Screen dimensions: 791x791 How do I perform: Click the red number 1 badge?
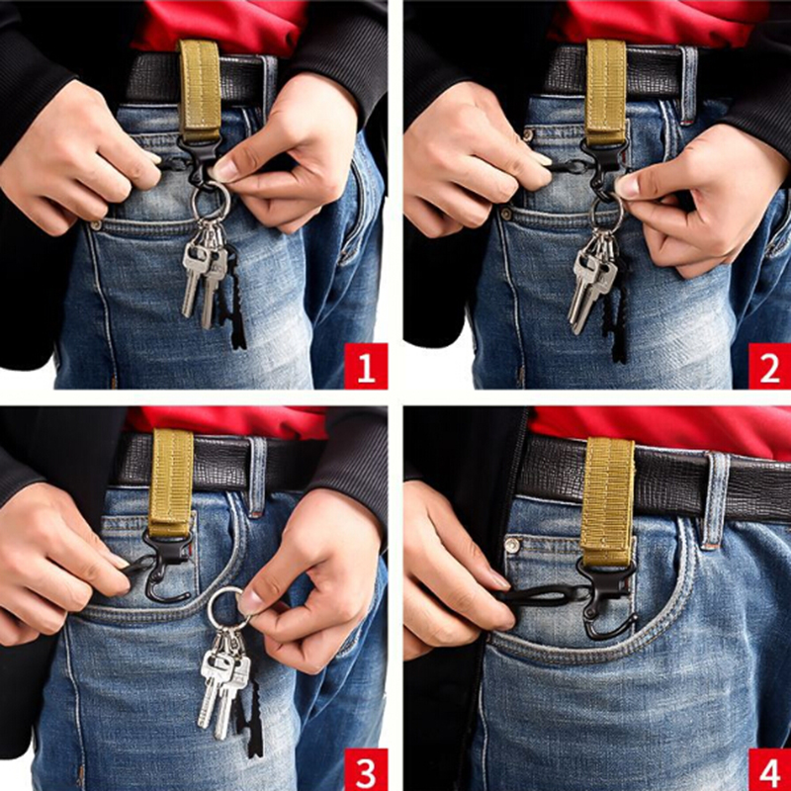366,366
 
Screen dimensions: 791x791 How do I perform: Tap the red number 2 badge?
769,366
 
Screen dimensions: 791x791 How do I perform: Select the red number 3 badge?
366,769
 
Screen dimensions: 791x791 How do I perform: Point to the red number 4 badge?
769,769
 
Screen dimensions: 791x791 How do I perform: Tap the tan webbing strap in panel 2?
606,91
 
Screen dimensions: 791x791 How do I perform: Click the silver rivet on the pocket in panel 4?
512,545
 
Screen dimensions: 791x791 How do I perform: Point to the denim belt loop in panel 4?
715,499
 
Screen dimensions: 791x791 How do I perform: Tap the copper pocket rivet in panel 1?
96,225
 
